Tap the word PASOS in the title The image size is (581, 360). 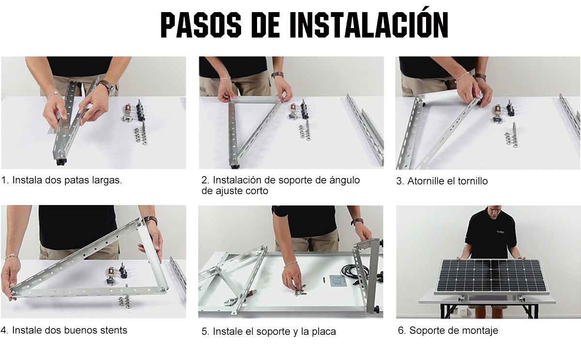pos(201,25)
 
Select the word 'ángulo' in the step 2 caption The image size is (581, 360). pos(345,180)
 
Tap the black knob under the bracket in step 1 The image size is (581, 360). pos(61,162)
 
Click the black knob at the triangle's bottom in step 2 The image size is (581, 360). pos(235,165)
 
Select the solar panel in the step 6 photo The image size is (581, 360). pos(491,276)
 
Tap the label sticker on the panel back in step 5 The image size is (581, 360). pos(338,281)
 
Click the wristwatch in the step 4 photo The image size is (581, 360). pos(151,220)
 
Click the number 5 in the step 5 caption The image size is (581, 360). pos(204,332)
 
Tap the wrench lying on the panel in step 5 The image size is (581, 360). pos(240,298)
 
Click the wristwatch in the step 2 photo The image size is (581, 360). pos(277,75)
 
